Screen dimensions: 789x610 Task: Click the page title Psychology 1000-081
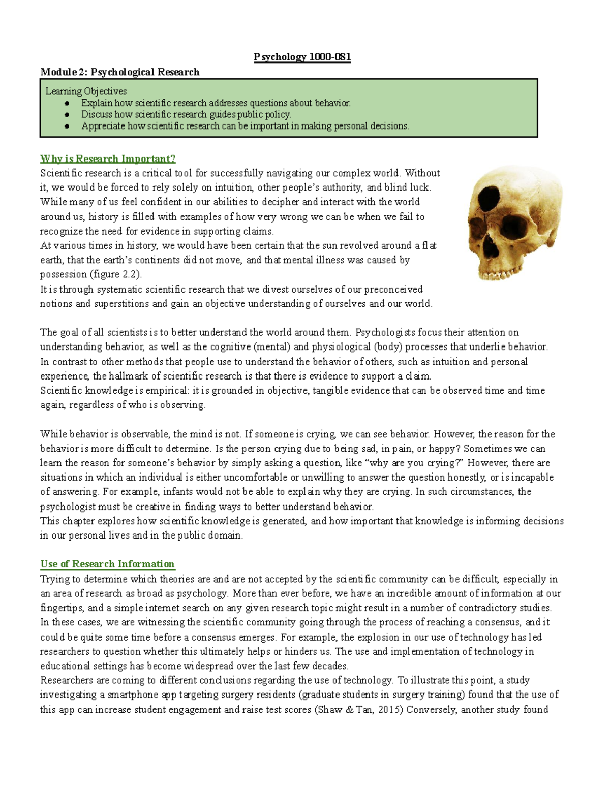click(302, 57)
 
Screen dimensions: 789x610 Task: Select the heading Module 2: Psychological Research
click(119, 72)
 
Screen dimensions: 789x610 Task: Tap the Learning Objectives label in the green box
click(86, 91)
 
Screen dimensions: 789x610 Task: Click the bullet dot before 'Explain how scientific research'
click(67, 103)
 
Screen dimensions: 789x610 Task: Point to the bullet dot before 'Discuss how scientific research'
click(67, 115)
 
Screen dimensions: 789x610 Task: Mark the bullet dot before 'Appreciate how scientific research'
click(67, 127)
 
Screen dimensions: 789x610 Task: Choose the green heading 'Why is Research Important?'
click(108, 159)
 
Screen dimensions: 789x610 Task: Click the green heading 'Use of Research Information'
click(107, 564)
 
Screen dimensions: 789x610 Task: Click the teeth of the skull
click(501, 274)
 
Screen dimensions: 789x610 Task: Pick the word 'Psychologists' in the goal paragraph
click(385, 333)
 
